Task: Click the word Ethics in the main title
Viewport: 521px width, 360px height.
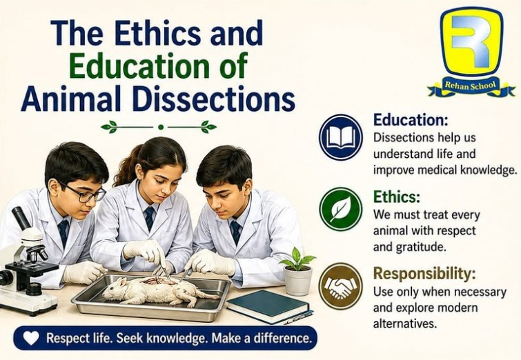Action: (x=158, y=33)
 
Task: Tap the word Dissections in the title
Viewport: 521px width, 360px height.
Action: (x=214, y=99)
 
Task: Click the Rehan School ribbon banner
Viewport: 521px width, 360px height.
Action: (x=471, y=86)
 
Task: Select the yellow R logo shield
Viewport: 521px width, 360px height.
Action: (x=471, y=41)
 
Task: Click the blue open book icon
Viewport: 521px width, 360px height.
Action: (x=341, y=137)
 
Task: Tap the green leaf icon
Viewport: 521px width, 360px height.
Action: (x=341, y=209)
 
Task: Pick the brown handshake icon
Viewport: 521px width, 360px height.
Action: (x=341, y=286)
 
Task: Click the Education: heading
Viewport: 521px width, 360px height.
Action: (x=411, y=119)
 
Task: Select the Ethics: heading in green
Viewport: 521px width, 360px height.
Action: (x=397, y=197)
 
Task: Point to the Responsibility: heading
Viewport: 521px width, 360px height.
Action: (x=424, y=274)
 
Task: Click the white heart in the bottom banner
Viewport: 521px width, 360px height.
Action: (x=31, y=339)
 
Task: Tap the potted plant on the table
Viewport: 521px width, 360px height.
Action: (x=297, y=271)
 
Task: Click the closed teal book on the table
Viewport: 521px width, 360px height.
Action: (x=270, y=307)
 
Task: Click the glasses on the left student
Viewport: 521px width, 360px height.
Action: (x=86, y=193)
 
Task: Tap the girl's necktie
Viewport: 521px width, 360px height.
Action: (x=150, y=218)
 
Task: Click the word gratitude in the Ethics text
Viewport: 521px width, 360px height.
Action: (x=420, y=248)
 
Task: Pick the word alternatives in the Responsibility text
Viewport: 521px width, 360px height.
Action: (x=404, y=323)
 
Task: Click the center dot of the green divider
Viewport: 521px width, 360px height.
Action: (x=161, y=127)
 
